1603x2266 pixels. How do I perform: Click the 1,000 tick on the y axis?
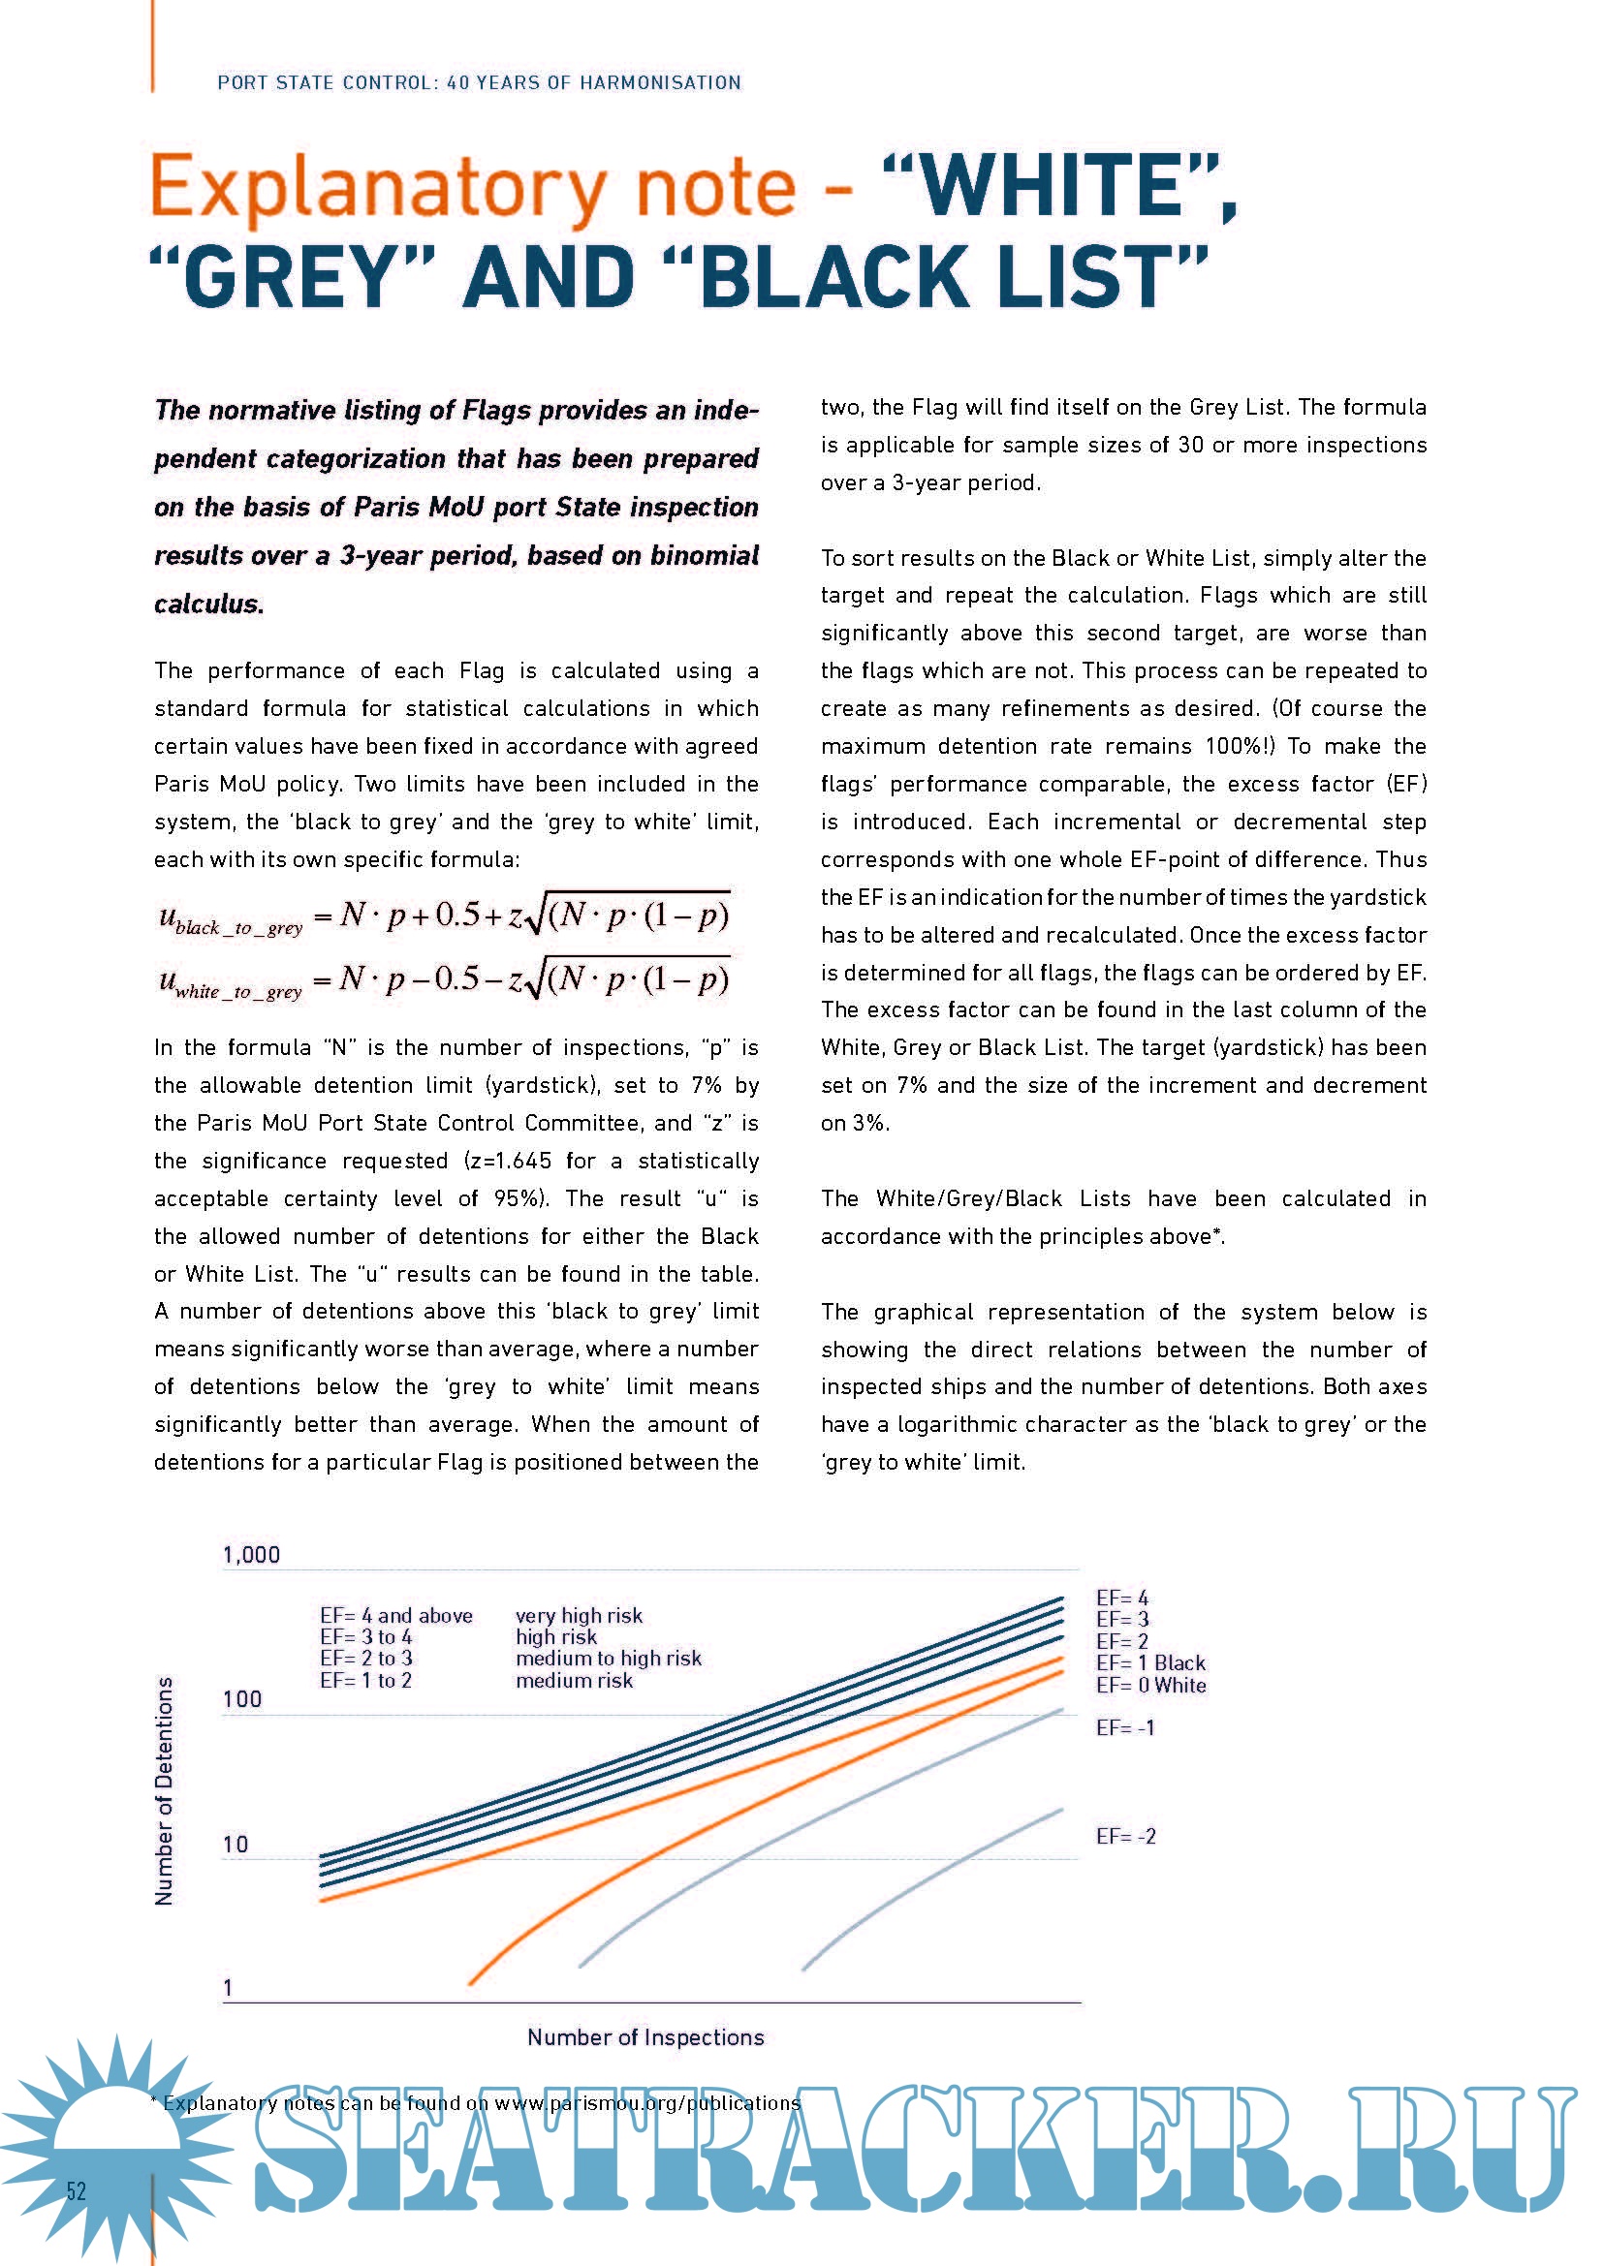[252, 1556]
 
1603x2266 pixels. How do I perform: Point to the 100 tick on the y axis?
[242, 1698]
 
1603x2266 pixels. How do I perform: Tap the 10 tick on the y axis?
[235, 1844]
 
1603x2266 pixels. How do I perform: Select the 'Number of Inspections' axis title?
[645, 2037]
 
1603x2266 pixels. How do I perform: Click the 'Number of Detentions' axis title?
[165, 1791]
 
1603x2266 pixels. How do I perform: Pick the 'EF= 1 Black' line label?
[1151, 1663]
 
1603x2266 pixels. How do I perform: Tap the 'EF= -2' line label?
[1125, 1836]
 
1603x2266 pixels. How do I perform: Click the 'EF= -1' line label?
[1125, 1727]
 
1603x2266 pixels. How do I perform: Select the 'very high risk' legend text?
[579, 1616]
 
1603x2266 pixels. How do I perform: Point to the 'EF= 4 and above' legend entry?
[395, 1616]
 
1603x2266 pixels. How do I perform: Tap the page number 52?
[76, 2191]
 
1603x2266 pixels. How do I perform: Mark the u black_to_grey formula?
[443, 916]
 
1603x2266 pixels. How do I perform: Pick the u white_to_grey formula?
[443, 980]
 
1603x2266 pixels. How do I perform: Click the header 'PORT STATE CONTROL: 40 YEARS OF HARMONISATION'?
[479, 83]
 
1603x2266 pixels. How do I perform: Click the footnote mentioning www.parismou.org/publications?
[475, 2103]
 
